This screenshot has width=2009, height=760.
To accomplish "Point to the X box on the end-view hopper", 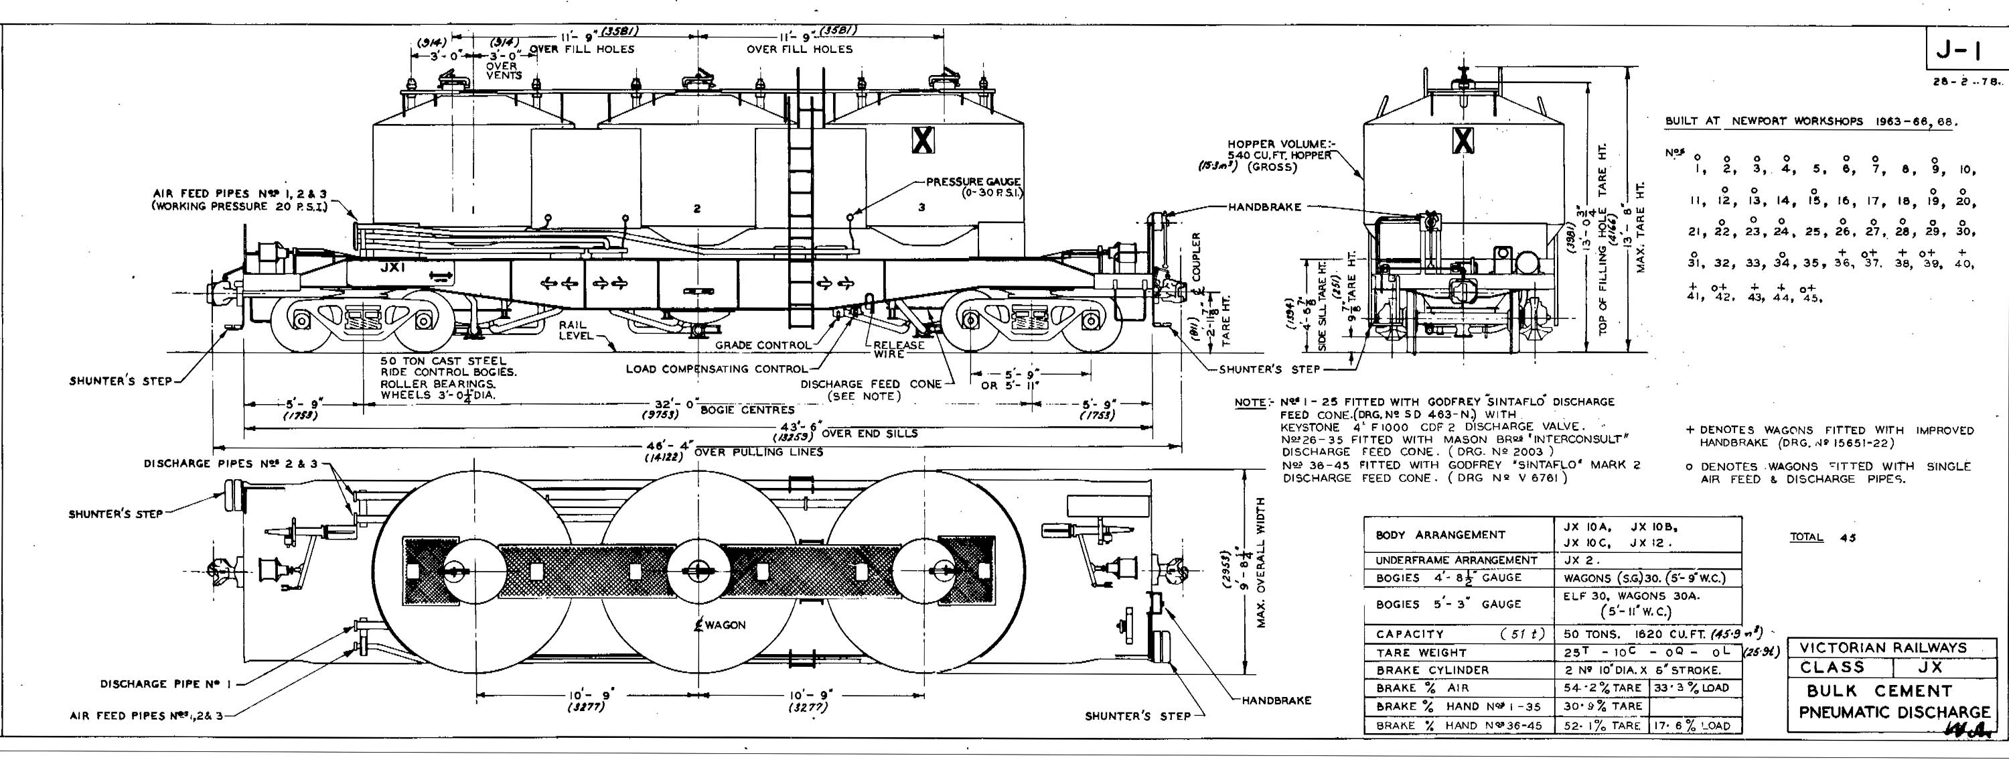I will point(1463,139).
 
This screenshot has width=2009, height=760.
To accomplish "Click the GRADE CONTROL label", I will point(763,345).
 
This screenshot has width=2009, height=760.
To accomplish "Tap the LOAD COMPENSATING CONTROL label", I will point(717,369).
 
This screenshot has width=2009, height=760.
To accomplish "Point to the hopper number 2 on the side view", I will point(696,208).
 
